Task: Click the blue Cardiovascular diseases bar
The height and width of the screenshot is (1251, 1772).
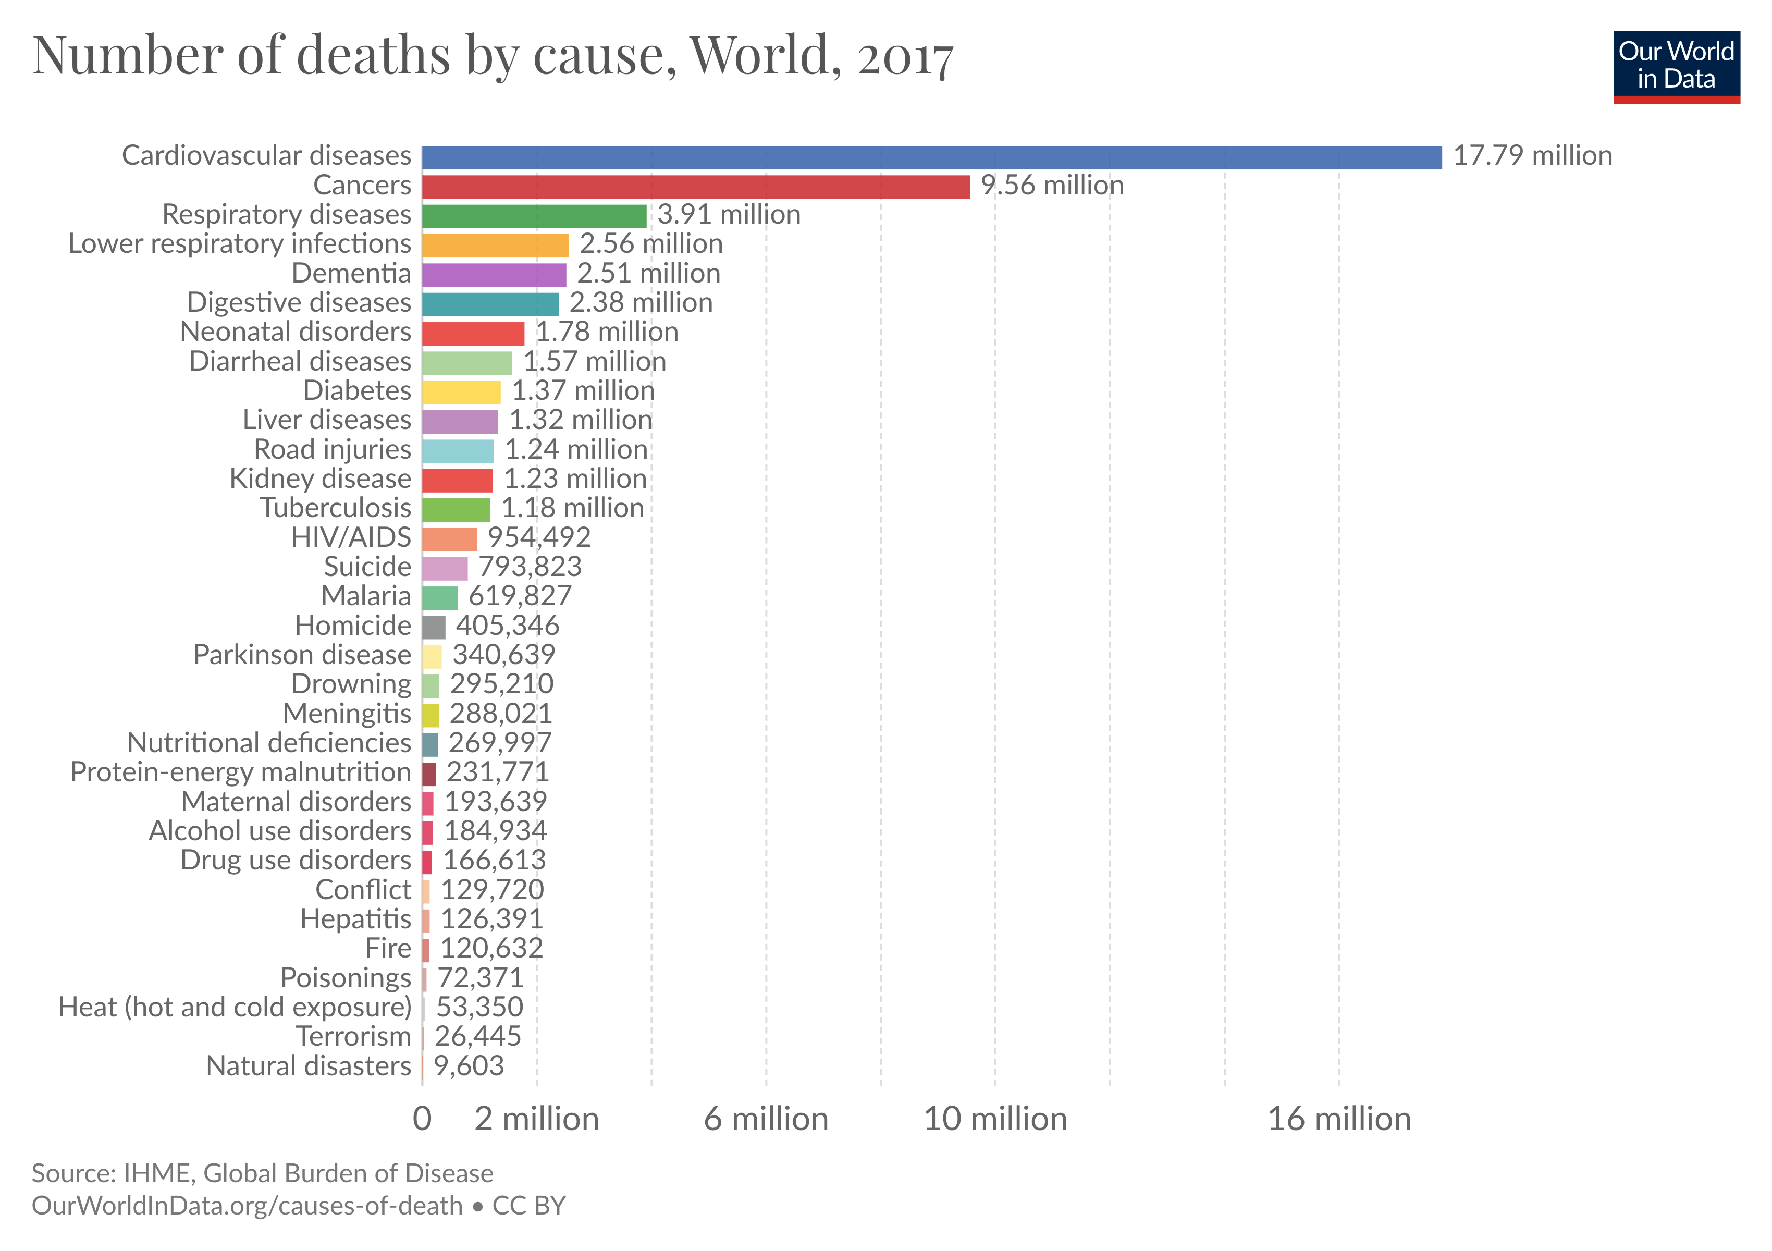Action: pyautogui.click(x=931, y=157)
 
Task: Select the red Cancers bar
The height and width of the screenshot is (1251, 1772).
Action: pyautogui.click(x=695, y=187)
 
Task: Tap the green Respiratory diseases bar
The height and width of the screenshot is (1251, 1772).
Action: pyautogui.click(x=534, y=216)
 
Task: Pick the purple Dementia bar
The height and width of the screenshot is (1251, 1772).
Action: pyautogui.click(x=494, y=275)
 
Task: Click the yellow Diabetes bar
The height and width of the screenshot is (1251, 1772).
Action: pyautogui.click(x=461, y=392)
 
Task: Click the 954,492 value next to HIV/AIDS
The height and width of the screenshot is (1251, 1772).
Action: pyautogui.click(x=539, y=537)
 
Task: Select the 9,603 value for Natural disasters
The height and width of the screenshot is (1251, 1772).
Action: pyautogui.click(x=469, y=1066)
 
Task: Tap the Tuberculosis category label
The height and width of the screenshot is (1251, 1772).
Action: pyautogui.click(x=335, y=508)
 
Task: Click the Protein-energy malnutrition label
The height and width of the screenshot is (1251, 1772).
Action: pyautogui.click(x=241, y=772)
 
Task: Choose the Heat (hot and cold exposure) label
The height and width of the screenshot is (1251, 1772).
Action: pyautogui.click(x=235, y=1007)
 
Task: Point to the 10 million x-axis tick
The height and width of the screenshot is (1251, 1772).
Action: pyautogui.click(x=995, y=1119)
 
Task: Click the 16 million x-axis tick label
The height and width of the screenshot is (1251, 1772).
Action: pyautogui.click(x=1339, y=1119)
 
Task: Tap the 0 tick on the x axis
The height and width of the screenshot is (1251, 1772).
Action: pyautogui.click(x=422, y=1119)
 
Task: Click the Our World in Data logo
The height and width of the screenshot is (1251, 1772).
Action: pyautogui.click(x=1676, y=66)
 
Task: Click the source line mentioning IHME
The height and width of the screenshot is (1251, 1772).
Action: pyautogui.click(x=262, y=1173)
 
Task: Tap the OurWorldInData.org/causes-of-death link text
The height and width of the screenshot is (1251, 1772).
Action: pyautogui.click(x=247, y=1206)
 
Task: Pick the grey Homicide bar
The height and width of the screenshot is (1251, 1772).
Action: pyautogui.click(x=434, y=627)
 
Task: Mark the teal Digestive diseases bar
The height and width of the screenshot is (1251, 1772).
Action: pyautogui.click(x=490, y=304)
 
